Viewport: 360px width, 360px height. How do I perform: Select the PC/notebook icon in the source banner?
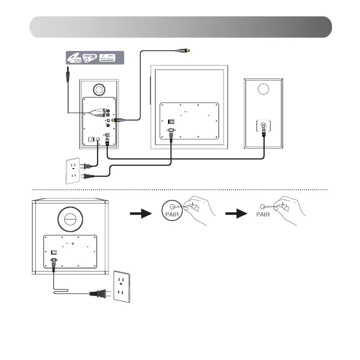pyautogui.click(x=109, y=57)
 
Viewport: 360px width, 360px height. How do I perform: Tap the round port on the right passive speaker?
pyautogui.click(x=262, y=89)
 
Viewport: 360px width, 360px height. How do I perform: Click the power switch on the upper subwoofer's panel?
pyautogui.click(x=171, y=120)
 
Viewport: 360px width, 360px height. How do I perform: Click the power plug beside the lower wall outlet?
pyautogui.click(x=98, y=294)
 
